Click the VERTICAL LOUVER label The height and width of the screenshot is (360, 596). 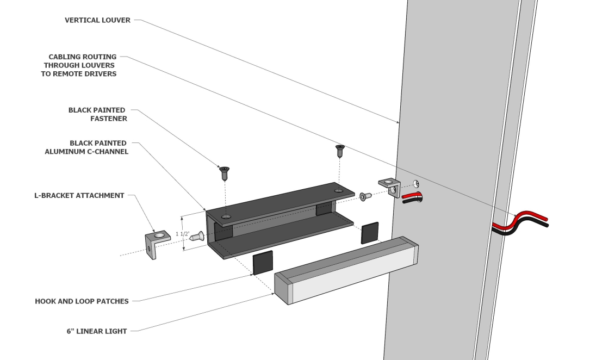click(97, 20)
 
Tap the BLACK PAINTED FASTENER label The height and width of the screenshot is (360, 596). click(97, 114)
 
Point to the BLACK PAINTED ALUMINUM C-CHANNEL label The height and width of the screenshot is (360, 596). click(86, 147)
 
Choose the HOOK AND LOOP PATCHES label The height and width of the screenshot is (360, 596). click(82, 301)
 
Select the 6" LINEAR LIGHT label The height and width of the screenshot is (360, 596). click(96, 330)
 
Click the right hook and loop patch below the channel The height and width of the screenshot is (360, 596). click(370, 233)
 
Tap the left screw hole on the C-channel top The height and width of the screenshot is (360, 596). click(226, 216)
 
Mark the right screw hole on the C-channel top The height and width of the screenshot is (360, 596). click(338, 191)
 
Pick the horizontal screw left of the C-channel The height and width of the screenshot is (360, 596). click(197, 236)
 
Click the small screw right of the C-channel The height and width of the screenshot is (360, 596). click(364, 195)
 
